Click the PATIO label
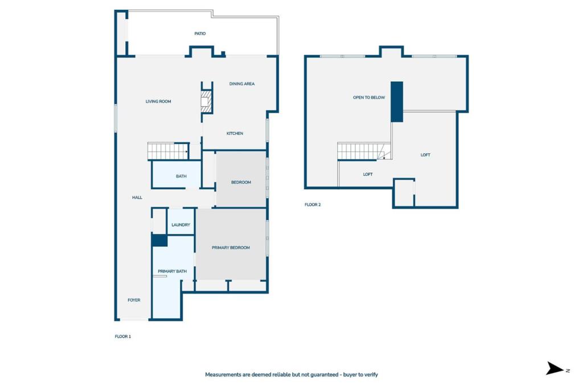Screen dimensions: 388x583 click(200, 34)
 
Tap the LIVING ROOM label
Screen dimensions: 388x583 click(158, 101)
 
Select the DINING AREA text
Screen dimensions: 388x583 click(242, 84)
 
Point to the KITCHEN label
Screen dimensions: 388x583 click(235, 133)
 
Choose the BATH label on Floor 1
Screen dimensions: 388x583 click(181, 176)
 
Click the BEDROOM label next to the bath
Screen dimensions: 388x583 click(241, 182)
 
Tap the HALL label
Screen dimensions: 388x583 click(137, 197)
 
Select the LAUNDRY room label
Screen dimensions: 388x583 click(180, 225)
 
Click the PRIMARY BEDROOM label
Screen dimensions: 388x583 click(231, 247)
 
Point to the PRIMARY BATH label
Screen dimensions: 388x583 click(173, 271)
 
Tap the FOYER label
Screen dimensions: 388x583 click(134, 300)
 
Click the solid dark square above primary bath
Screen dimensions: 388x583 click(159, 240)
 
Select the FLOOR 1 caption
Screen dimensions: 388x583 click(123, 336)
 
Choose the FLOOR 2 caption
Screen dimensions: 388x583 click(313, 204)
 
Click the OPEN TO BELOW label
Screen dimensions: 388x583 click(369, 97)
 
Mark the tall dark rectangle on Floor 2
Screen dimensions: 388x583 click(397, 101)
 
